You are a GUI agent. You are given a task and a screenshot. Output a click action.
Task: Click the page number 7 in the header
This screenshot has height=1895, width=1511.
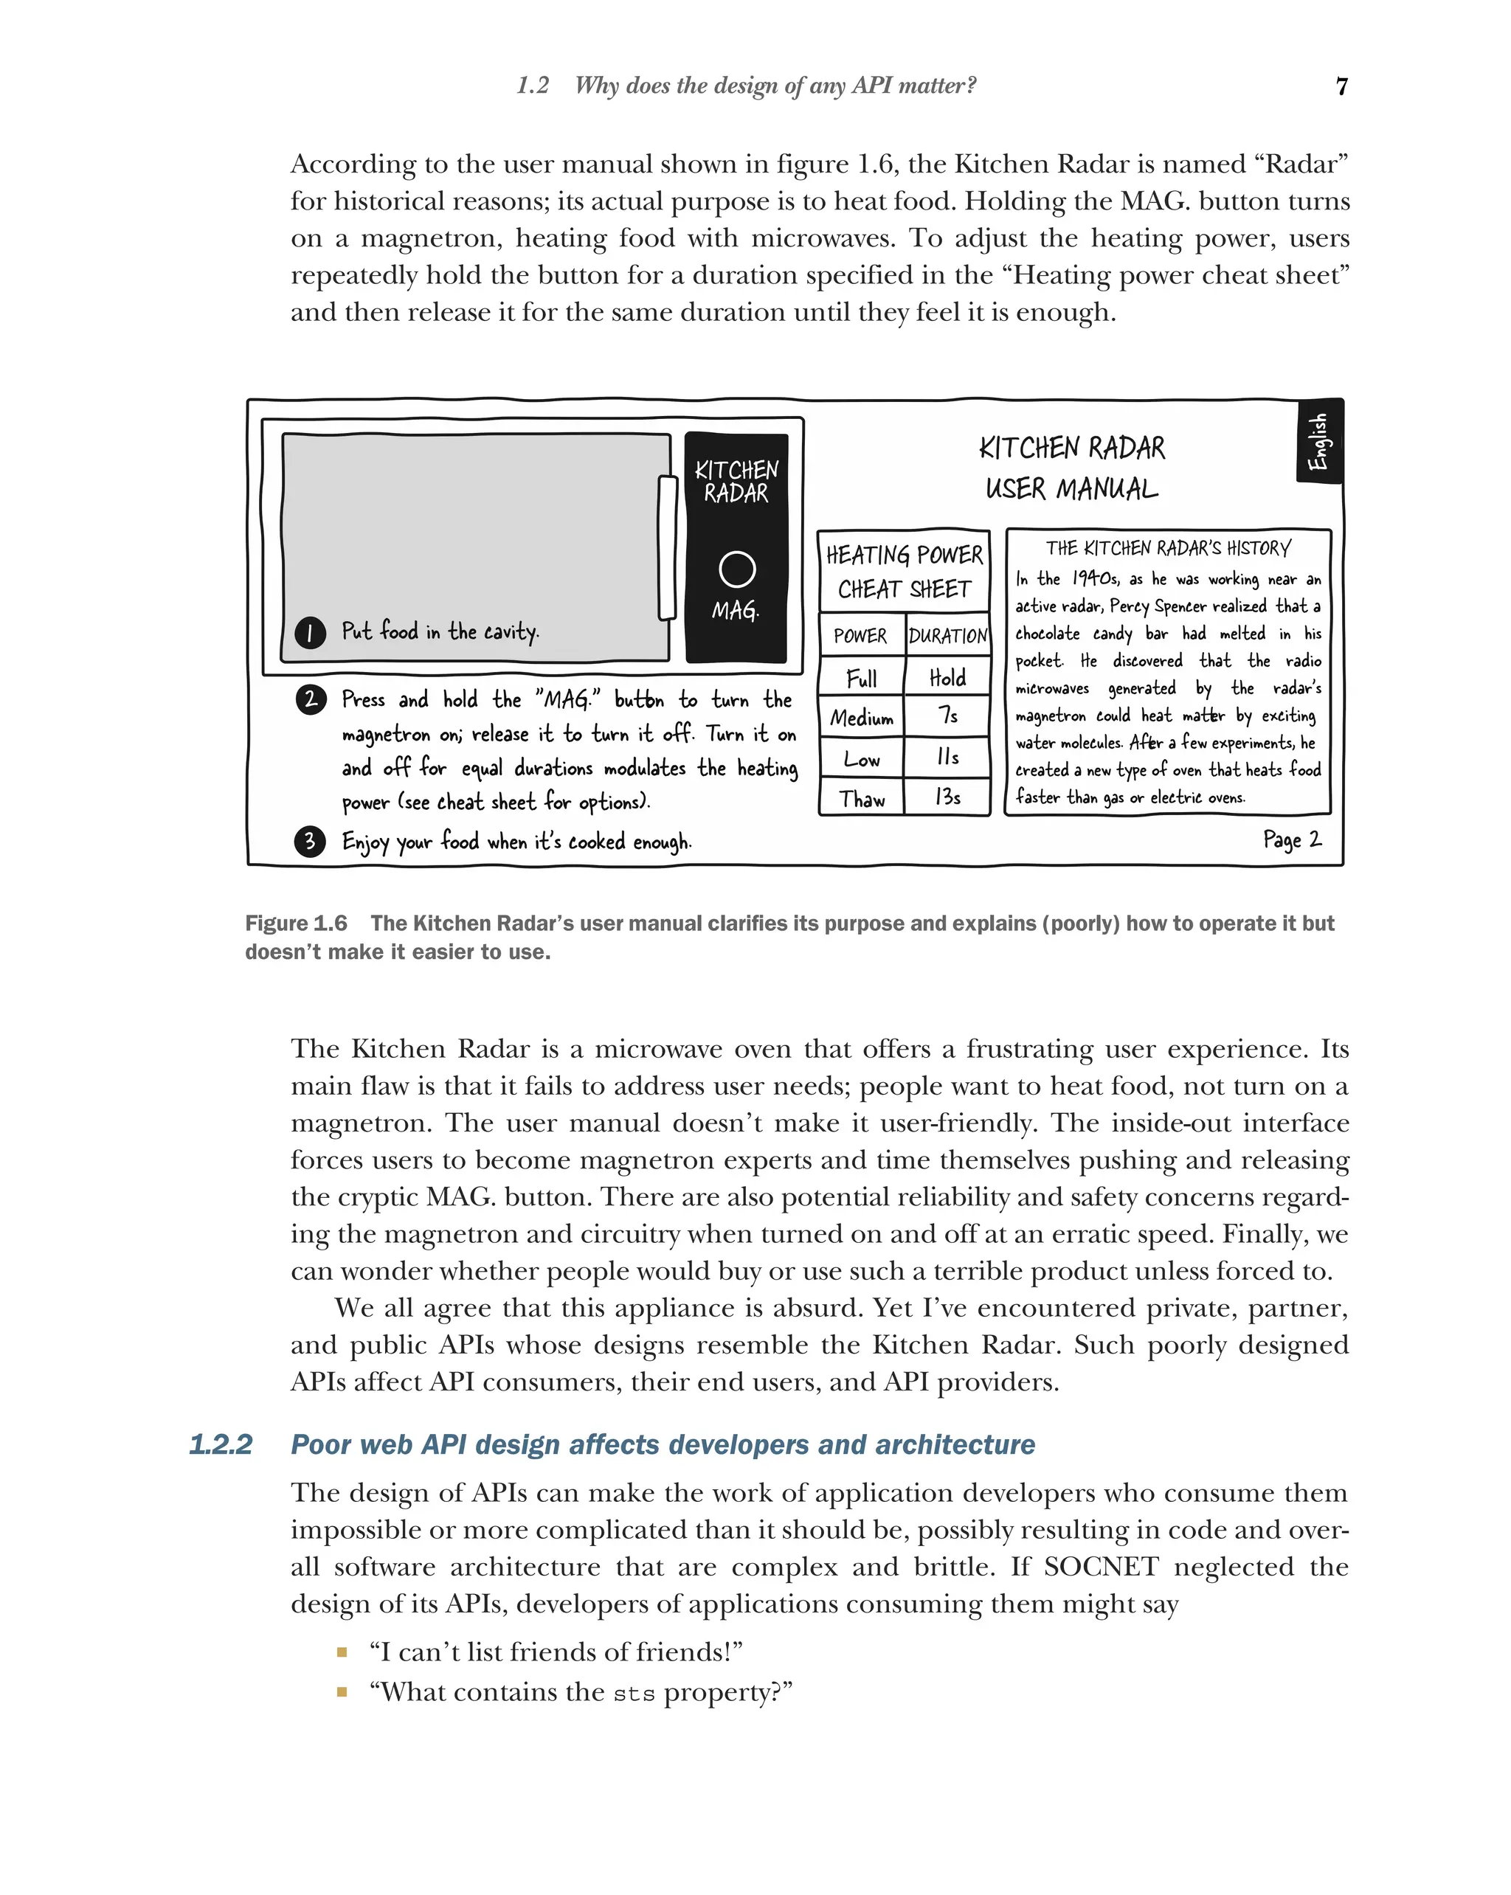coord(1341,86)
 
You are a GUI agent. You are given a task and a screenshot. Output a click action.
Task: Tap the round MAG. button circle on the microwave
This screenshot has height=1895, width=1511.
coord(736,569)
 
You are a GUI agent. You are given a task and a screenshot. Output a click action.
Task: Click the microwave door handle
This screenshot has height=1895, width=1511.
coord(667,547)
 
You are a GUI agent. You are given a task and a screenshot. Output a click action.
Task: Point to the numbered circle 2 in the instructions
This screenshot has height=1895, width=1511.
coord(311,699)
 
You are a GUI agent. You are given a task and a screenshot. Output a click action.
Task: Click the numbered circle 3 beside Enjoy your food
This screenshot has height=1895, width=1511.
coord(309,841)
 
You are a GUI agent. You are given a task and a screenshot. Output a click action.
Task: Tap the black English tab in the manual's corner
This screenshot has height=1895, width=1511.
coord(1318,441)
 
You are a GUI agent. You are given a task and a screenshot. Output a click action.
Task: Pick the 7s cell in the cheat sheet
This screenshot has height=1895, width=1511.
coord(947,716)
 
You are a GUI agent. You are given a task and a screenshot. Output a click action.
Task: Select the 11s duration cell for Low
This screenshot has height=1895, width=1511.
coord(947,757)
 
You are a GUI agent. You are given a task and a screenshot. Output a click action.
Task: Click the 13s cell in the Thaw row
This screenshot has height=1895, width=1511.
coord(947,797)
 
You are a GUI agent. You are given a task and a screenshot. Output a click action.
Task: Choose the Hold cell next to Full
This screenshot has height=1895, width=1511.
coord(947,678)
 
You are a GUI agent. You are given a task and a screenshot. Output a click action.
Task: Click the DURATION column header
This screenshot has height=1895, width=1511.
coord(947,635)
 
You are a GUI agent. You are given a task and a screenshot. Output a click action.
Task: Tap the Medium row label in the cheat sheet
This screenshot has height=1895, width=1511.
coord(862,718)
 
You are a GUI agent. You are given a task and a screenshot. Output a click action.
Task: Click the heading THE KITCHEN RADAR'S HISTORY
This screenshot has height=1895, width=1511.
coord(1168,549)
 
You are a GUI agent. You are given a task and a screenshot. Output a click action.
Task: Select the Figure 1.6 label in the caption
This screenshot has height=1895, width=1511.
coord(295,923)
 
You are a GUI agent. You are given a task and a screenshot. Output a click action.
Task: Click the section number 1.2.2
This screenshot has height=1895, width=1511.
coord(221,1444)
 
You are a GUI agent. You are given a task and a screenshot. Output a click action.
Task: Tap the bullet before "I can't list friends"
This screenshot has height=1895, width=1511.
coord(342,1652)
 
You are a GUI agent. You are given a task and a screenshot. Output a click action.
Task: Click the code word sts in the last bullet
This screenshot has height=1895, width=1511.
coord(634,1693)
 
